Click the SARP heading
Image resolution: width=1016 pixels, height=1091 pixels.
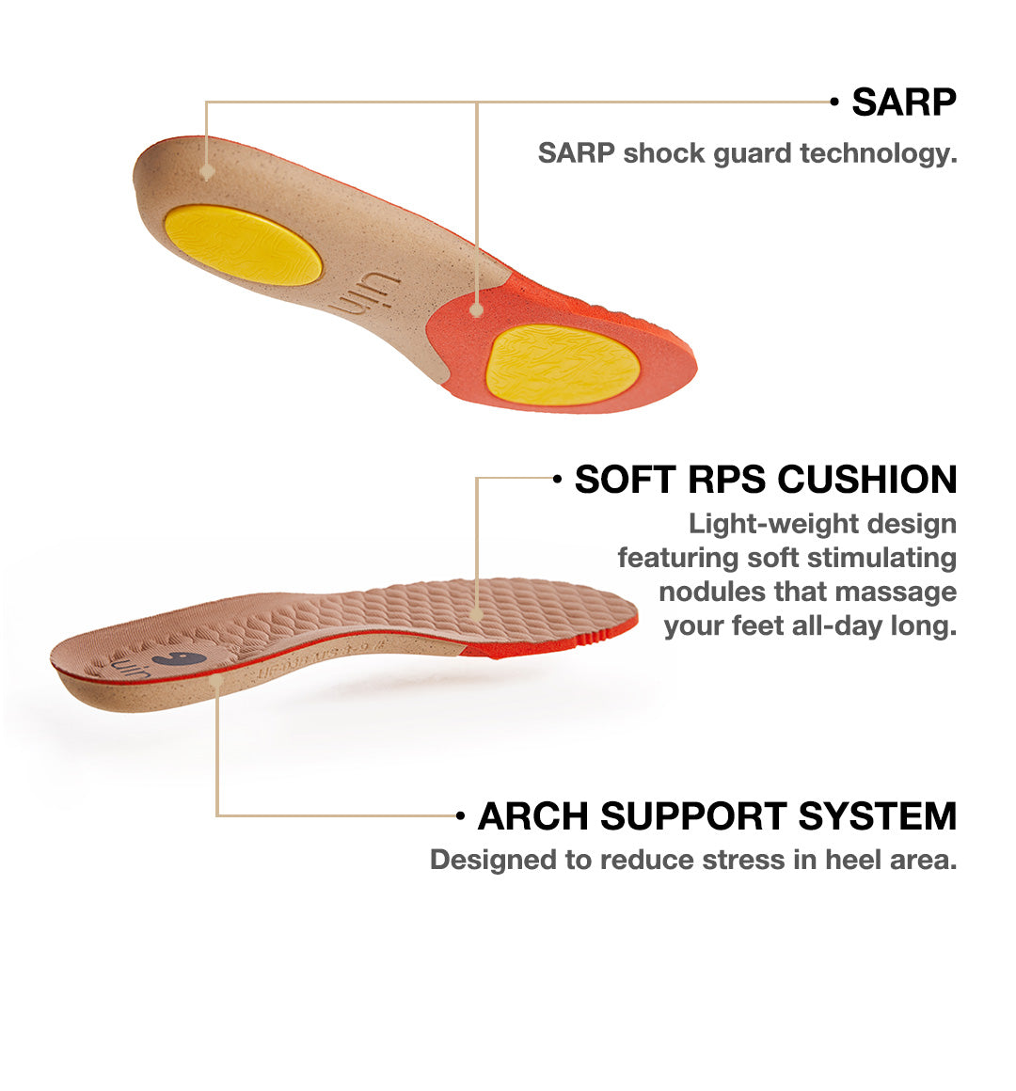(x=903, y=103)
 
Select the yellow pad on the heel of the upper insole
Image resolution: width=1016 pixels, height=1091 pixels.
(x=243, y=245)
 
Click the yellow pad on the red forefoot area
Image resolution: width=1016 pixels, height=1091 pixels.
(x=563, y=365)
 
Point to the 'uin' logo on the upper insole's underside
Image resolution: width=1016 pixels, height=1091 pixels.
(x=365, y=294)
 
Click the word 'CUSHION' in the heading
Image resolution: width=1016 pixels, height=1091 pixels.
(x=867, y=480)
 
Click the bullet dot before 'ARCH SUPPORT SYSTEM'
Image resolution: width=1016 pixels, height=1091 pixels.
(x=460, y=815)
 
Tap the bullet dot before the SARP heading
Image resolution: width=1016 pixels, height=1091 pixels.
(x=834, y=102)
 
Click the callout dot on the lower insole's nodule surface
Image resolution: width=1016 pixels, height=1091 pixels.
(x=476, y=614)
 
